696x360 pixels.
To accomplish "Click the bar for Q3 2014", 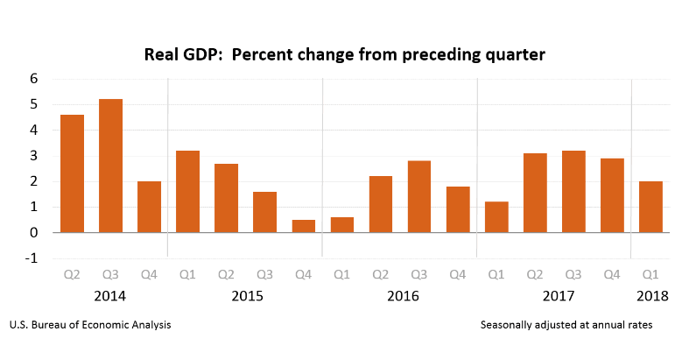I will pos(110,166).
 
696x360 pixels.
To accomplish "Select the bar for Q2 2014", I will pos(72,173).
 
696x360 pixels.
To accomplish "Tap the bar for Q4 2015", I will pos(303,226).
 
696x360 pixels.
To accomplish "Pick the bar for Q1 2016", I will pos(342,225).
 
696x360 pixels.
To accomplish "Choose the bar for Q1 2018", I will pos(650,207).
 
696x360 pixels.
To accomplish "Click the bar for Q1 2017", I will pos(496,217).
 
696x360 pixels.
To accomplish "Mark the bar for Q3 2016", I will pos(419,196).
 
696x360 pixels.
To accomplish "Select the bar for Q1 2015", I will pos(187,191).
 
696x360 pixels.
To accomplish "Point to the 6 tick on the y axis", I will pos(34,79).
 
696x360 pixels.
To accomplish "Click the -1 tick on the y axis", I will pos(32,258).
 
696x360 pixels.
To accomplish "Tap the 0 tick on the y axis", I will pos(34,233).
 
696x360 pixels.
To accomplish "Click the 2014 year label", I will pos(110,296).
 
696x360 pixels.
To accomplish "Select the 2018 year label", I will pos(652,296).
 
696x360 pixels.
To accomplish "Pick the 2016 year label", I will pos(403,296).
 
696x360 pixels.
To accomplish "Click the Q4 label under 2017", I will pos(612,275).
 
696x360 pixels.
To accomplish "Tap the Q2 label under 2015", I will pos(226,275).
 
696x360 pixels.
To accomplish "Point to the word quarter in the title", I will pos(516,55).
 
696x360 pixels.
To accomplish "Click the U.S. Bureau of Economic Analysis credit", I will pos(90,325).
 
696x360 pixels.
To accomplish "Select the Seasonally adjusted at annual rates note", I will pos(566,325).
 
